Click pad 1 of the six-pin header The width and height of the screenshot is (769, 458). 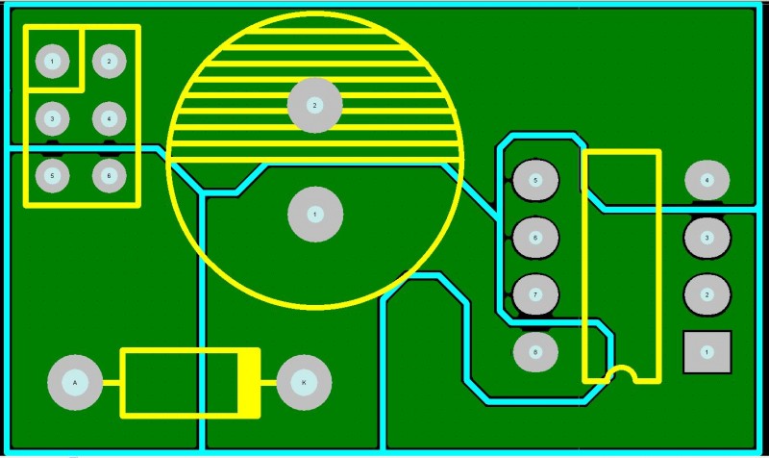(x=52, y=62)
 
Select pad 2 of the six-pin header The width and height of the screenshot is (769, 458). (x=109, y=62)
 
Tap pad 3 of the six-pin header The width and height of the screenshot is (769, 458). (x=52, y=118)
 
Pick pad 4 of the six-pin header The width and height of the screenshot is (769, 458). (x=109, y=118)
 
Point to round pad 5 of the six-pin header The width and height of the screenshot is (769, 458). (x=52, y=176)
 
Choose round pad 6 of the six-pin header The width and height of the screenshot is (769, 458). (x=109, y=176)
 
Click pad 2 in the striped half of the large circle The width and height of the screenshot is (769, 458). (x=314, y=105)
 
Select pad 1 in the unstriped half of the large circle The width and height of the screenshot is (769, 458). (x=314, y=215)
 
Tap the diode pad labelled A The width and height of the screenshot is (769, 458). (x=75, y=383)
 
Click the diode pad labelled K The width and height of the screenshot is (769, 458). (x=304, y=383)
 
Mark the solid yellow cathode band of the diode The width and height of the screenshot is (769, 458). (x=249, y=383)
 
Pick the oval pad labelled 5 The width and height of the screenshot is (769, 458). (x=535, y=180)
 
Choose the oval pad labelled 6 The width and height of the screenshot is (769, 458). (x=535, y=237)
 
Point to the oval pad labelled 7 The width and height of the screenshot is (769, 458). (x=535, y=293)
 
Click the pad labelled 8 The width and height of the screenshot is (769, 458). (x=535, y=352)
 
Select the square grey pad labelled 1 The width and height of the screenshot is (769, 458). (x=707, y=352)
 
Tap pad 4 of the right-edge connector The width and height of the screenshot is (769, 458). (x=707, y=180)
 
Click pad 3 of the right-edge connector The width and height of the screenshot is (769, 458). (x=707, y=237)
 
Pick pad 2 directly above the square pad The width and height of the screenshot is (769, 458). (x=707, y=294)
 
